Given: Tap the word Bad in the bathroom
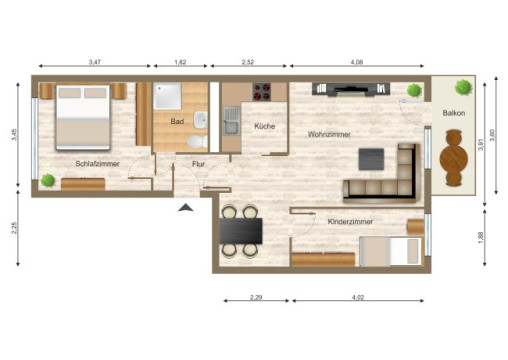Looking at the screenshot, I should (x=177, y=121).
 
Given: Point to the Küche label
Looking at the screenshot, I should (x=264, y=127).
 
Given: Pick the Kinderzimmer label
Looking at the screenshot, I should (x=350, y=220).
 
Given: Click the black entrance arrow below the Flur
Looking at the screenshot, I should (x=184, y=207).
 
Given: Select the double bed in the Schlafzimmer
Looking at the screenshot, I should (x=82, y=116).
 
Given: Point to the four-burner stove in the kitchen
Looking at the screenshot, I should (x=264, y=92).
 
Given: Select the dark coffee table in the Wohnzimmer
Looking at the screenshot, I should (x=371, y=158).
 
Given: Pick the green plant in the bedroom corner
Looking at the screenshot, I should (x=48, y=180).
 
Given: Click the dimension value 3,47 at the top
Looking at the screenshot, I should (x=94, y=62).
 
